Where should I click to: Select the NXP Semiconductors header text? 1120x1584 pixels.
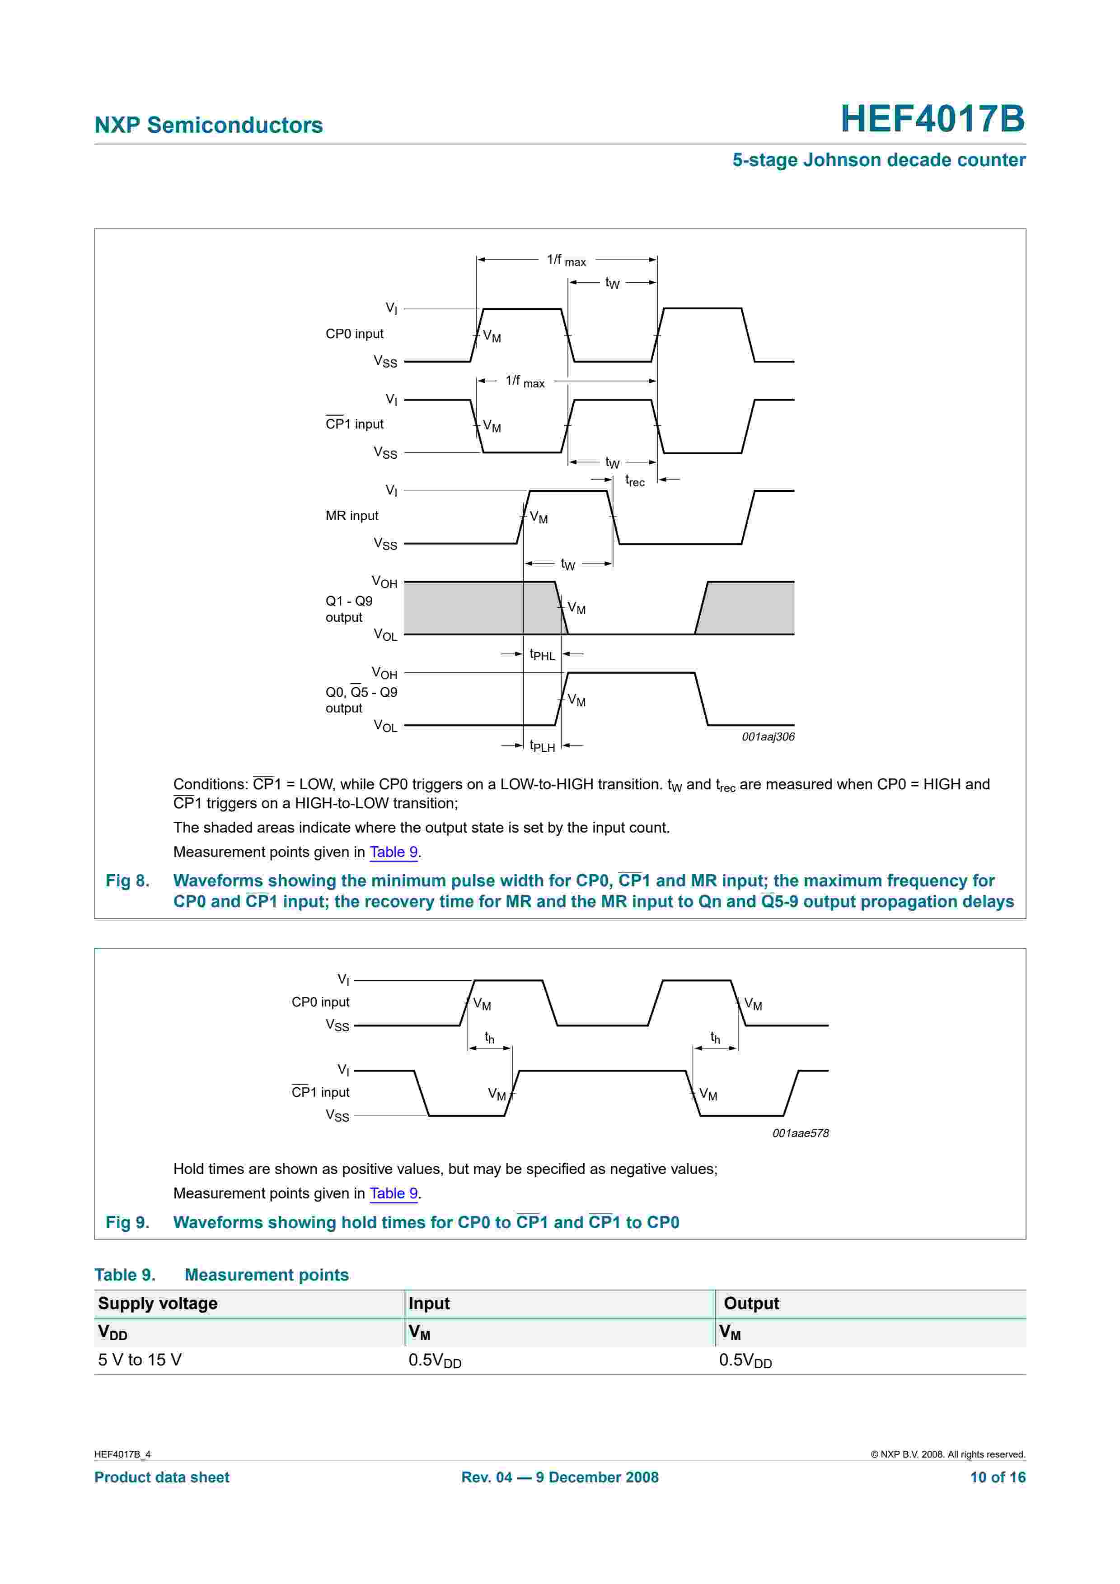208,125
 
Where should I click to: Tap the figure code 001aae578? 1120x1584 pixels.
800,1133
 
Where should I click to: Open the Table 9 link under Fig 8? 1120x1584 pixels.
394,852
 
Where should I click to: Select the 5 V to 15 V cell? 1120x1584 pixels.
140,1360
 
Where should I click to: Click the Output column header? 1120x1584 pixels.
751,1303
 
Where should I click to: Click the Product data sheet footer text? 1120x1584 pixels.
161,1477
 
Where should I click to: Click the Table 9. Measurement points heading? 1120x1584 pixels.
221,1275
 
